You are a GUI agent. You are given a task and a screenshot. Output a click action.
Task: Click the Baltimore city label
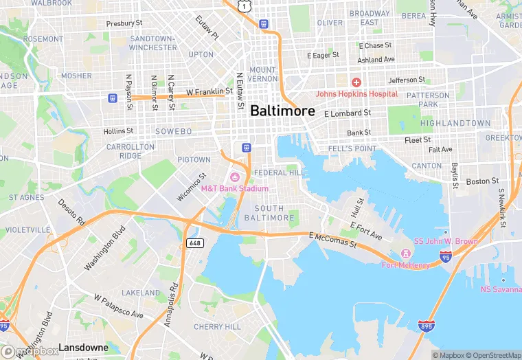click(282, 111)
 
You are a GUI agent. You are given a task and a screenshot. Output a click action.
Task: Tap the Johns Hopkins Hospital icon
click(357, 82)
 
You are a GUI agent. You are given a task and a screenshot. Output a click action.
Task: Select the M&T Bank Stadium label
click(234, 188)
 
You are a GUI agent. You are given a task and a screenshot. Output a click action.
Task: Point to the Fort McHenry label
click(405, 265)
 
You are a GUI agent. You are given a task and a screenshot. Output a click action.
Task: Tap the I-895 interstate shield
click(425, 325)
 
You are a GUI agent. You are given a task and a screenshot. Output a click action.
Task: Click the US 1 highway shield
click(243, 5)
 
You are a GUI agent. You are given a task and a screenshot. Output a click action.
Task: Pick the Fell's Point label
click(353, 148)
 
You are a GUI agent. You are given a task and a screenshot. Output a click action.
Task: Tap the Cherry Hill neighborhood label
click(216, 327)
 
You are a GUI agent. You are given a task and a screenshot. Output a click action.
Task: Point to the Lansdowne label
click(83, 348)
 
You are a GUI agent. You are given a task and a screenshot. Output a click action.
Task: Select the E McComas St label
click(333, 240)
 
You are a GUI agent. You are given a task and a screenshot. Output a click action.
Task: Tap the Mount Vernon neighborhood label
click(263, 74)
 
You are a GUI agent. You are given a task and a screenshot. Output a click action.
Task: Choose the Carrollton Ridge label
click(130, 151)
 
